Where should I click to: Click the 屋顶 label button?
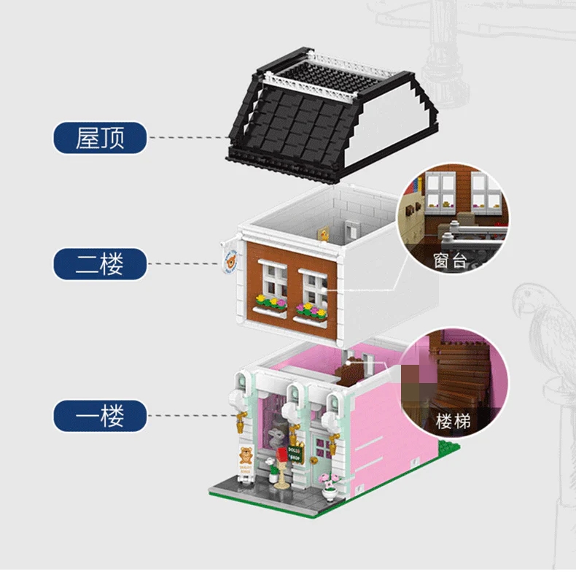point(101,137)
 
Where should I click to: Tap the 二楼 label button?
point(101,263)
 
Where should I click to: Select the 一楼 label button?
point(101,417)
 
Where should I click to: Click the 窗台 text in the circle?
point(449,260)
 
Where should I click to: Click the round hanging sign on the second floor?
point(230,260)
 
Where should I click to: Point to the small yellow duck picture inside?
point(321,233)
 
